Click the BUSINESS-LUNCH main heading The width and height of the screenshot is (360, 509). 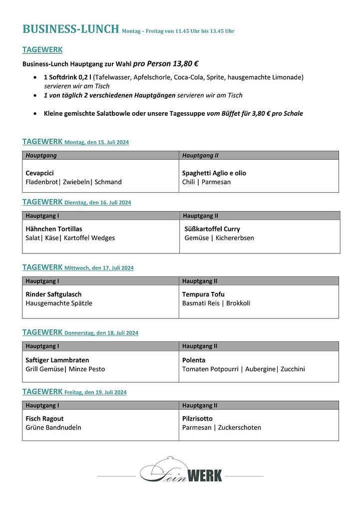click(71, 29)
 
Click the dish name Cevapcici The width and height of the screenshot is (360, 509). click(40, 173)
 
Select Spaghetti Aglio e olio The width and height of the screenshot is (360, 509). click(214, 173)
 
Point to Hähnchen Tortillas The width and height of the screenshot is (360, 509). click(54, 229)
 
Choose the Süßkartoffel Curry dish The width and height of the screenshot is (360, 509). click(212, 229)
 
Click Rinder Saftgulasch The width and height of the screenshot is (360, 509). click(53, 294)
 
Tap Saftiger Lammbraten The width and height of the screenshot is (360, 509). click(57, 360)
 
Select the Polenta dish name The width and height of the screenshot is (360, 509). click(194, 360)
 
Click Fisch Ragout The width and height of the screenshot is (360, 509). click(44, 419)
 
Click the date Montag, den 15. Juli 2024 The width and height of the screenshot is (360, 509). click(96, 143)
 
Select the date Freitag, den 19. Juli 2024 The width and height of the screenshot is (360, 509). click(95, 393)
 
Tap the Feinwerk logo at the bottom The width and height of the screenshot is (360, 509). click(181, 473)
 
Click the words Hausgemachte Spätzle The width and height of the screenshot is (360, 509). click(59, 303)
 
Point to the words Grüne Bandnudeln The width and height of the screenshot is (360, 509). click(53, 428)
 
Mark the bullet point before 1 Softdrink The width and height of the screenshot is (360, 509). click(34, 77)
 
